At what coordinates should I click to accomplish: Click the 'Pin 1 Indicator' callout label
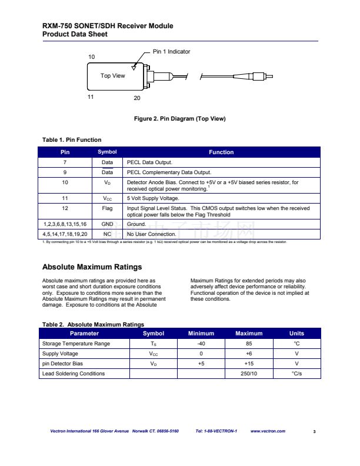coord(171,52)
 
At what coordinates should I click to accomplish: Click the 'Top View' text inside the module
coord(113,75)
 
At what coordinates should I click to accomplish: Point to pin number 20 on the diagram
coord(136,98)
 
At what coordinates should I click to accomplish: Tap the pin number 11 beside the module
coord(91,96)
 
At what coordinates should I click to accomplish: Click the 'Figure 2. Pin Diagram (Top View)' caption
coord(179,119)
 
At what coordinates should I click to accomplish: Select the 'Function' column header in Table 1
coord(221,152)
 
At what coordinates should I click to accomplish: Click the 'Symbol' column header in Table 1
coord(107,152)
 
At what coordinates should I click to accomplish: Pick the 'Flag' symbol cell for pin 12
coord(107,208)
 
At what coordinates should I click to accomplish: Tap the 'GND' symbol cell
coord(107,224)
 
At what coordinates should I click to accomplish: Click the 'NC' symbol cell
coord(107,234)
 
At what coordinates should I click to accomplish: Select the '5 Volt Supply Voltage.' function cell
coord(152,199)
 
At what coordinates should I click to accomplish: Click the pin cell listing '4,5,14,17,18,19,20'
coord(65,234)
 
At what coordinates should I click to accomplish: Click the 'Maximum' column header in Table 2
coord(249,334)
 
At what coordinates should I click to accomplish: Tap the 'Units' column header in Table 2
coord(297,334)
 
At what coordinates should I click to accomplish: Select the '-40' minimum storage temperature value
coord(201,344)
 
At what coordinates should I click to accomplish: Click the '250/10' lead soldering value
coord(249,374)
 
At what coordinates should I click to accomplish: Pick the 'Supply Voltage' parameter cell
coord(61,354)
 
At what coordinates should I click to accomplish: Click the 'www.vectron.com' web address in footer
coord(268,431)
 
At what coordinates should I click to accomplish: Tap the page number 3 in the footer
coord(315,432)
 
